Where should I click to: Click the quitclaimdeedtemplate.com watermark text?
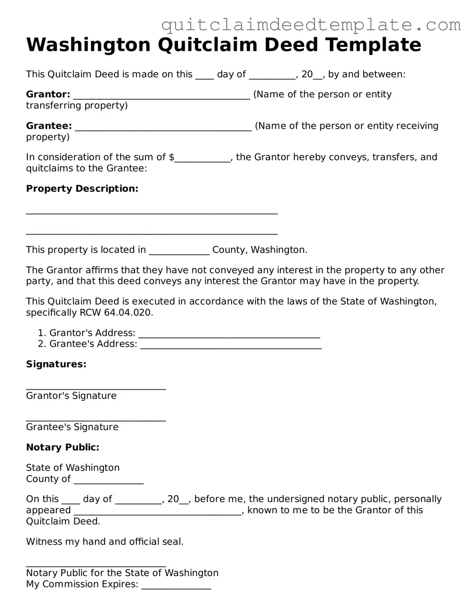point(311,25)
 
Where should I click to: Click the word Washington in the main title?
point(88,45)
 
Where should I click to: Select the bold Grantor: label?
point(48,95)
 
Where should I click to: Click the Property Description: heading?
point(82,189)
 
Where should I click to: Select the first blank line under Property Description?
point(151,212)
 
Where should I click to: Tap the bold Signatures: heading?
point(56,364)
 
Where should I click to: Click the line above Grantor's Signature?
point(96,388)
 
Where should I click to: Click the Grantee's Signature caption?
point(72,427)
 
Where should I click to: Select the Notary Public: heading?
point(63,447)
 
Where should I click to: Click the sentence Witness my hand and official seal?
point(105,542)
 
